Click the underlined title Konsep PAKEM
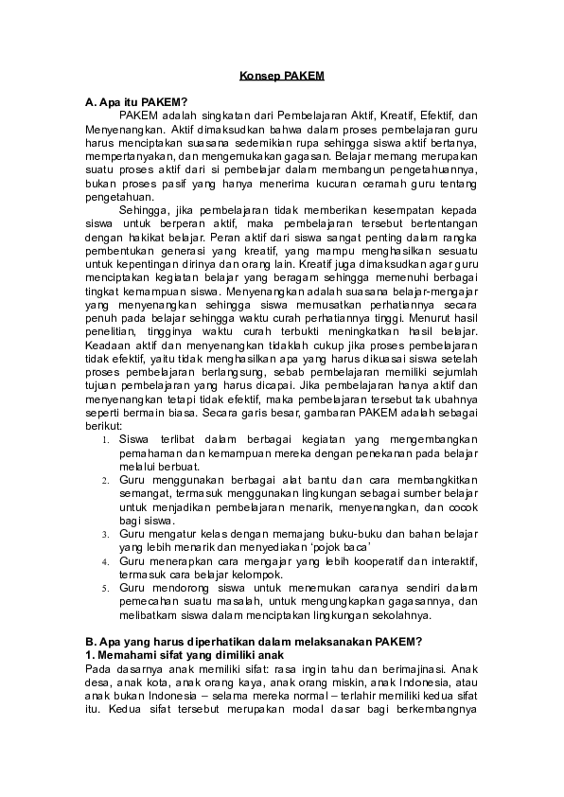tap(282, 72)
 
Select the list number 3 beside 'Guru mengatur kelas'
tap(107, 535)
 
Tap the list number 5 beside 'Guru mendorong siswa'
tap(107, 588)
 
